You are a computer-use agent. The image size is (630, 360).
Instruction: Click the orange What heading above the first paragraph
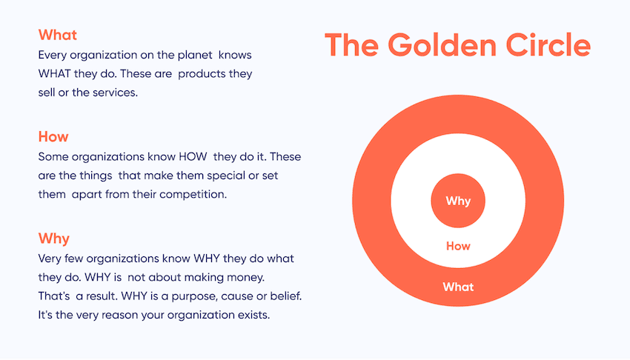pyautogui.click(x=58, y=35)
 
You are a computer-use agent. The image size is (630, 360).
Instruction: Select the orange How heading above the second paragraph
pyautogui.click(x=53, y=137)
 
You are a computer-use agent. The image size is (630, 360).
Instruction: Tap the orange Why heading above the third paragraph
pyautogui.click(x=54, y=239)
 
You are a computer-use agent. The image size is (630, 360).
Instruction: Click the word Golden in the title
pyautogui.click(x=442, y=45)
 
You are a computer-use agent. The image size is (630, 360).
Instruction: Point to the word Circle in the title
pyautogui.click(x=548, y=45)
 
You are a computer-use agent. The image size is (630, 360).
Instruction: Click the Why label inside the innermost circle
pyautogui.click(x=458, y=201)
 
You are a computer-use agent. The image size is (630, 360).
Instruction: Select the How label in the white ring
pyautogui.click(x=458, y=246)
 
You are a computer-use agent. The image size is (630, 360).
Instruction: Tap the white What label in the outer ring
pyautogui.click(x=458, y=287)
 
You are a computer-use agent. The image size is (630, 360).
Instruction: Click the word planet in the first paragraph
pyautogui.click(x=195, y=56)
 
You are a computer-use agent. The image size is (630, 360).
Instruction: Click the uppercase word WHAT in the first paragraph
pyautogui.click(x=54, y=74)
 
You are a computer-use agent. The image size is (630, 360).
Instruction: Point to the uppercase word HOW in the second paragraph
pyautogui.click(x=193, y=156)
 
